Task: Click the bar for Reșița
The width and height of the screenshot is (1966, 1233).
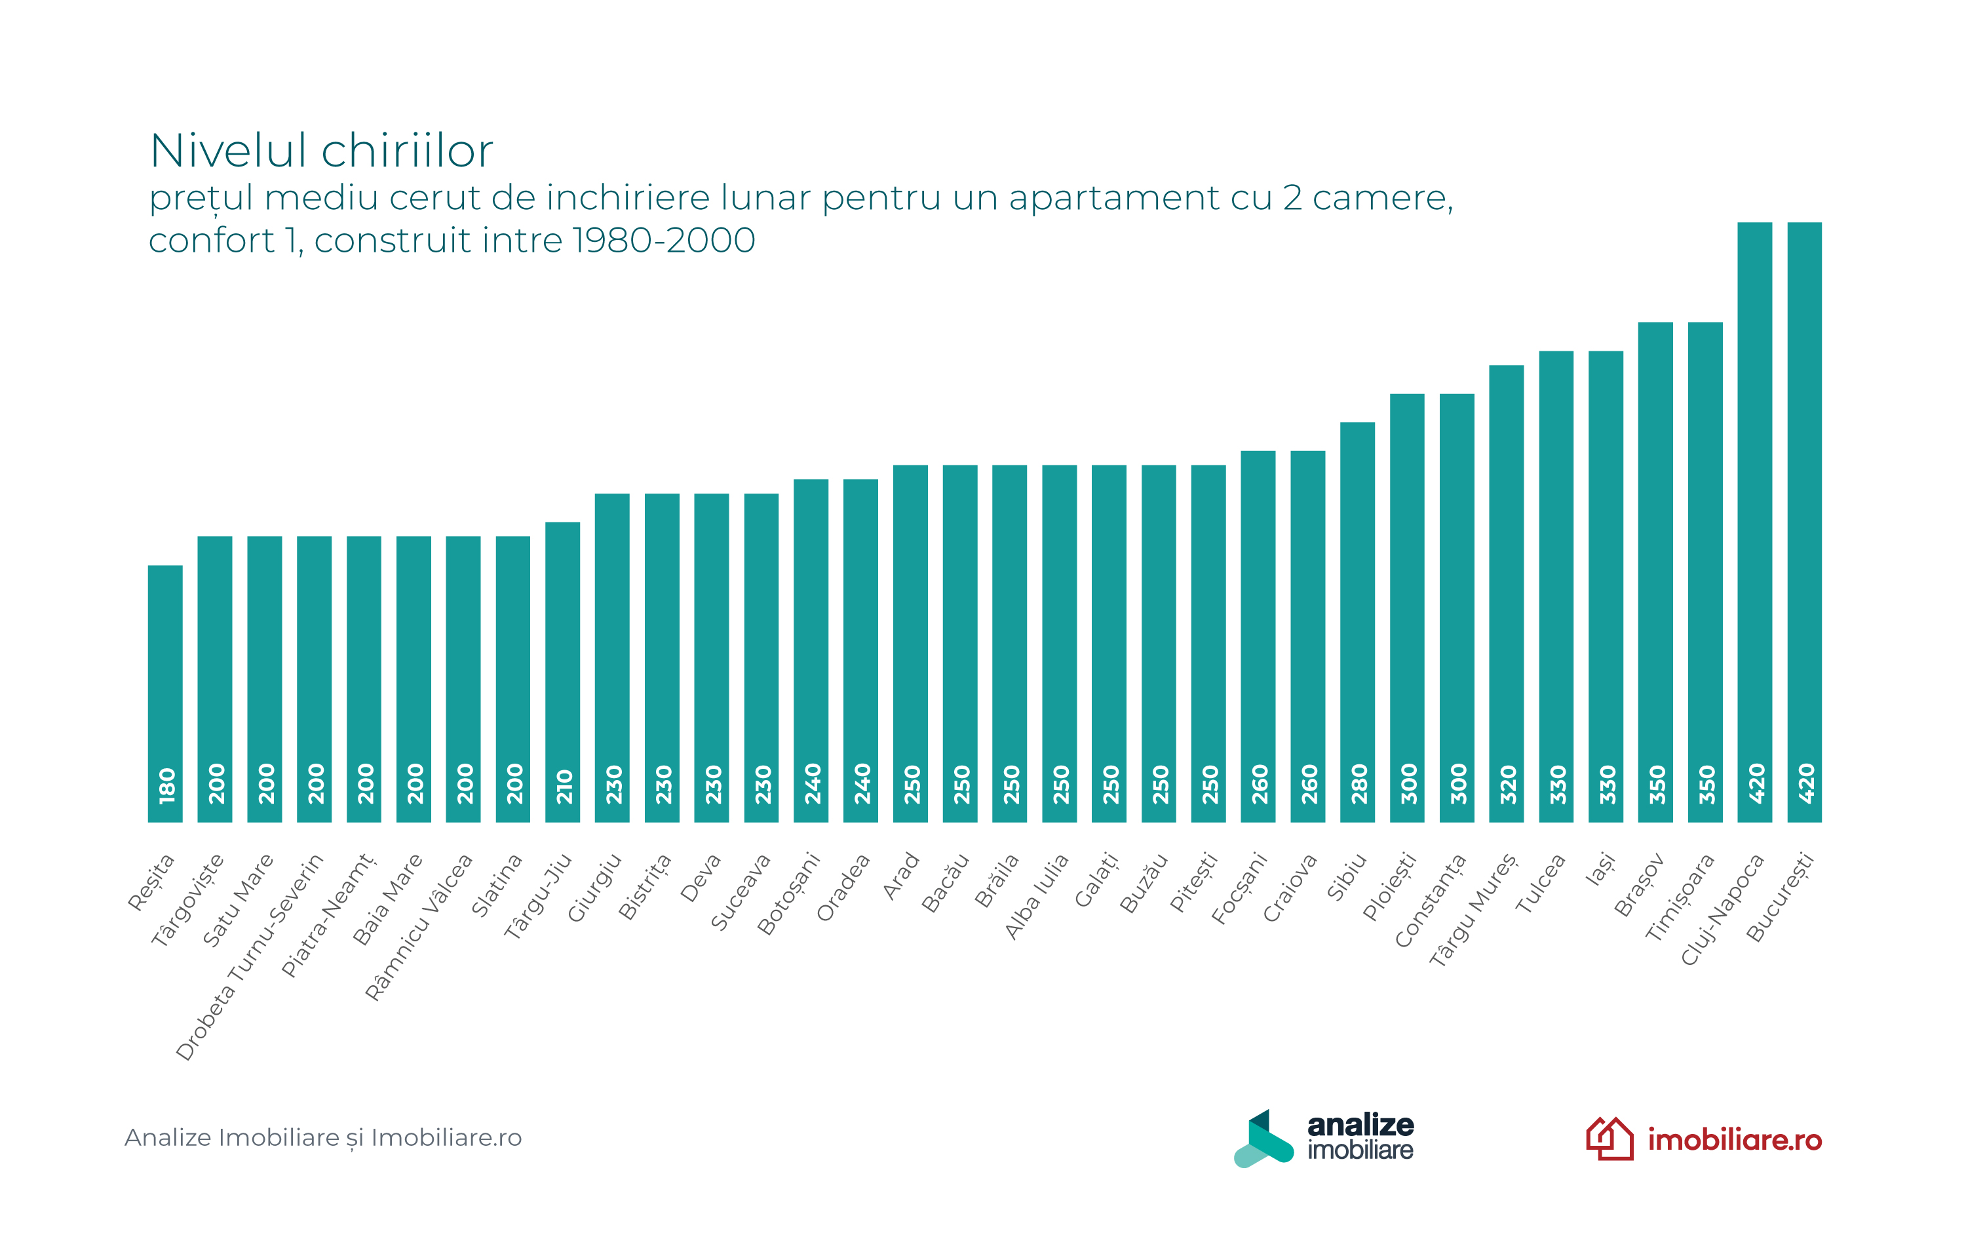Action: click(164, 693)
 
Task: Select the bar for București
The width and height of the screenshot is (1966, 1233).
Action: click(1803, 522)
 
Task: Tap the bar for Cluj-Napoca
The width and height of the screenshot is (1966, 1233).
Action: click(1754, 522)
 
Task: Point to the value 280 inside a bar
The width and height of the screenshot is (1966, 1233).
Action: click(1359, 784)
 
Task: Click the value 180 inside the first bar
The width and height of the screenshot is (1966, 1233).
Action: click(166, 785)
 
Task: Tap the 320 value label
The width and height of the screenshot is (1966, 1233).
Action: click(1508, 784)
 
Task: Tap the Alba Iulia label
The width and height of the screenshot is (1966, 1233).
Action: click(1036, 896)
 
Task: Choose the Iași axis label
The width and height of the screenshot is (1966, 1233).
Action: click(1600, 868)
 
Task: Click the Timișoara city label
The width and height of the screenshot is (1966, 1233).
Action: click(1680, 896)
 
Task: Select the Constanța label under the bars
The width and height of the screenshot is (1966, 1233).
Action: click(1431, 900)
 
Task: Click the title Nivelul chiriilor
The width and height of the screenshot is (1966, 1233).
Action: click(321, 151)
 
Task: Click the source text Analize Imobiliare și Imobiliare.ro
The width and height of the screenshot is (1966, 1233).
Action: click(323, 1137)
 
